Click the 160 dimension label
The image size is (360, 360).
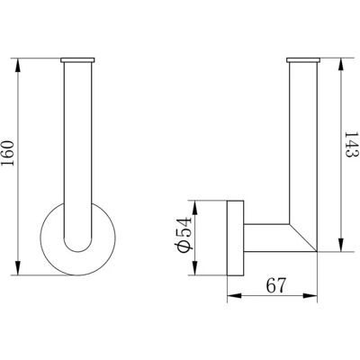[8, 153]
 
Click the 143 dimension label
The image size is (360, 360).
[351, 145]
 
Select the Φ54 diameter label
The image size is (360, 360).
[183, 234]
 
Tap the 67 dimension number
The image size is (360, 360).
[276, 285]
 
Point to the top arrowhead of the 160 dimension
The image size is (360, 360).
[18, 65]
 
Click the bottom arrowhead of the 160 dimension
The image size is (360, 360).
[18, 268]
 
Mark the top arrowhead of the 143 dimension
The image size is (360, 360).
[340, 65]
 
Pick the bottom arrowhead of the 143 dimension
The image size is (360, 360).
[340, 245]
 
